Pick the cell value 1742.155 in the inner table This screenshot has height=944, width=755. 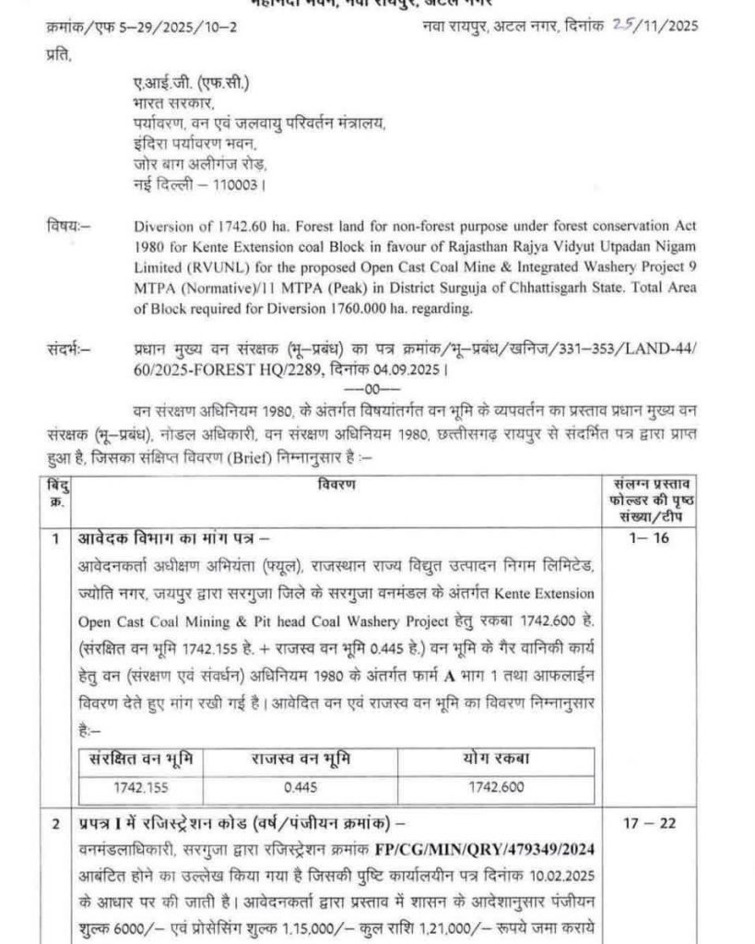click(136, 788)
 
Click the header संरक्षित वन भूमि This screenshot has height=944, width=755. click(136, 761)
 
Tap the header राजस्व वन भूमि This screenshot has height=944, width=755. click(301, 761)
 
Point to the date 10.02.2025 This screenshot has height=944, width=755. click(524, 871)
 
